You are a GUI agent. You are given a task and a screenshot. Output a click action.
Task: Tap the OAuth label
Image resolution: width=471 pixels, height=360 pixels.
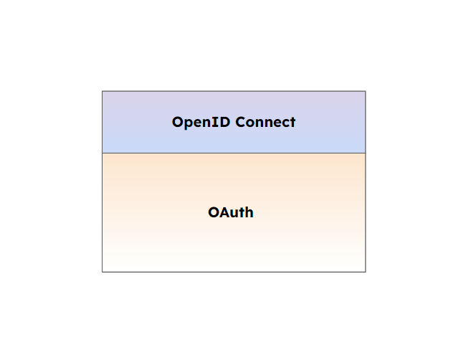pos(231,213)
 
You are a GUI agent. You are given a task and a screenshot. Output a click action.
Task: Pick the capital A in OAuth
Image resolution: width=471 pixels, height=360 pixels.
pos(224,213)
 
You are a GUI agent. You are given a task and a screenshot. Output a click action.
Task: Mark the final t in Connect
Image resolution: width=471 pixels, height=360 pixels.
pos(292,123)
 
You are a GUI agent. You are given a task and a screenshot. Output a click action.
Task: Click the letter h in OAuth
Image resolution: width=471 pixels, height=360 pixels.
pos(249,213)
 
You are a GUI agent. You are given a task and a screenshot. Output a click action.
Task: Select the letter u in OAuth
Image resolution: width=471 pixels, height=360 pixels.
pos(234,214)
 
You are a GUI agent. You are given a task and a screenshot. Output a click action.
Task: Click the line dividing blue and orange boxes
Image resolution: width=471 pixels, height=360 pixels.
pos(234,153)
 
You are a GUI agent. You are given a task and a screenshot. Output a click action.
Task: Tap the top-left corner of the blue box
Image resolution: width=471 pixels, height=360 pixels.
pos(103,91)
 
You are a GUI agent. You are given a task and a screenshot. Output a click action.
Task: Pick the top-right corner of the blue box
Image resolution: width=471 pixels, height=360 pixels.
pos(366,91)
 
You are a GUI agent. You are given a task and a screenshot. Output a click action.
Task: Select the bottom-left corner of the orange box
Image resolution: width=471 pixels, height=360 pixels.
pos(103,272)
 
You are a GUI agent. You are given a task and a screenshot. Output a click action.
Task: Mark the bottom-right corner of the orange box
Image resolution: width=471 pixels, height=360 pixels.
pos(366,272)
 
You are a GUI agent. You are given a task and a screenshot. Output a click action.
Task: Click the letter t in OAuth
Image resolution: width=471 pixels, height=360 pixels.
pos(242,213)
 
